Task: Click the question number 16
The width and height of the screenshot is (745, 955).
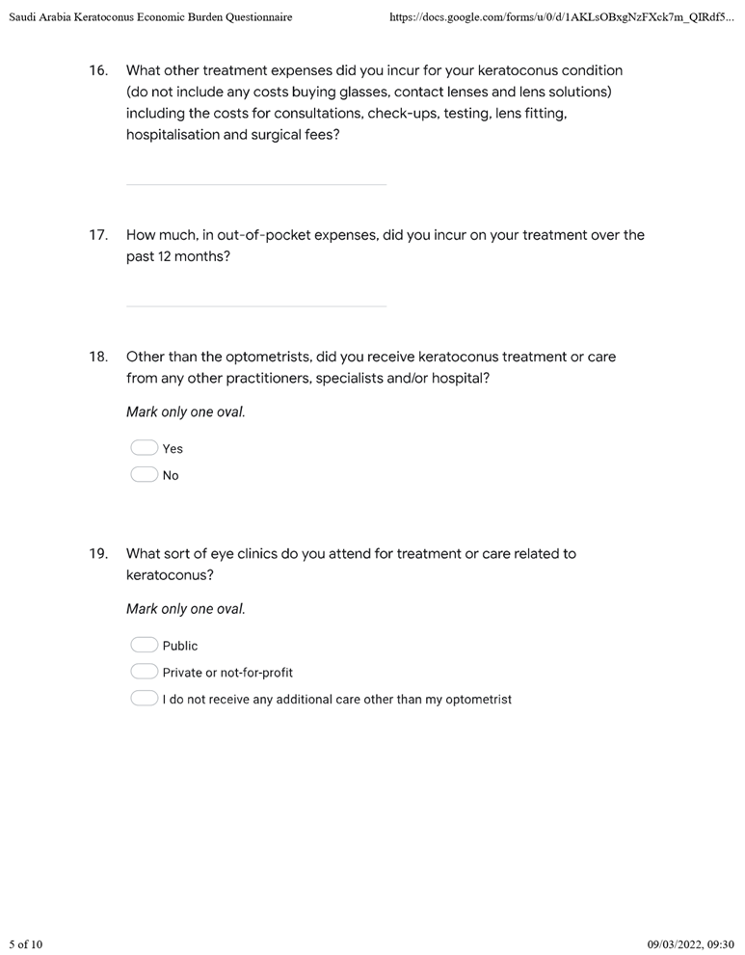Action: pos(97,71)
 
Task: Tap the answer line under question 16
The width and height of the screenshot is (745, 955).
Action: pos(255,183)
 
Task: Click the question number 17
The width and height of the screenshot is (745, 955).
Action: pos(97,235)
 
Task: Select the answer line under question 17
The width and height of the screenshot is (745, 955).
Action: pos(255,305)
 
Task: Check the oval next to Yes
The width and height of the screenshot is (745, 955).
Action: pos(144,448)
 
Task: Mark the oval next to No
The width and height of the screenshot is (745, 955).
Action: pos(144,475)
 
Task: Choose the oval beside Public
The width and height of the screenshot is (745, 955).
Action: pos(144,646)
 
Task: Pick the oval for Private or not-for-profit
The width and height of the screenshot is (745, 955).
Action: pos(144,673)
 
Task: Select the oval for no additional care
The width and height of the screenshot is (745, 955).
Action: pos(144,700)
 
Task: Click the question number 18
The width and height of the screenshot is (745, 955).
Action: pos(97,357)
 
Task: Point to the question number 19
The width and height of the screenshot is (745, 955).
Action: pos(97,554)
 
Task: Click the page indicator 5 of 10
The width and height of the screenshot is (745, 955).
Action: pos(26,943)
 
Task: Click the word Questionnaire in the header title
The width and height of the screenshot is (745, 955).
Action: pos(256,17)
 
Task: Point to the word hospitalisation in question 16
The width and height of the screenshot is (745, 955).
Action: pos(173,136)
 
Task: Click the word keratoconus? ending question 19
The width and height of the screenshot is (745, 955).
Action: pos(170,575)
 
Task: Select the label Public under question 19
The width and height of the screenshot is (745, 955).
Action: pos(180,646)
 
